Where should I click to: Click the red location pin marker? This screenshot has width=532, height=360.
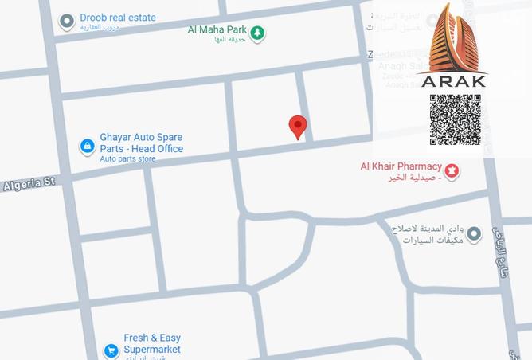(298, 126)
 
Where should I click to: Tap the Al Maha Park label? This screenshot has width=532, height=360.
(217, 30)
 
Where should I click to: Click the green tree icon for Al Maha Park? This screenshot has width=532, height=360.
(256, 33)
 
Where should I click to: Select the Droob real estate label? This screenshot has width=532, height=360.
(118, 18)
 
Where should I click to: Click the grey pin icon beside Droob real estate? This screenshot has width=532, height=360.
(67, 22)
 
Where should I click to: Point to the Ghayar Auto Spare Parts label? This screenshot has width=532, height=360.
(141, 143)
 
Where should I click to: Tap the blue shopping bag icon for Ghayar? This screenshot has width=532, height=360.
(87, 146)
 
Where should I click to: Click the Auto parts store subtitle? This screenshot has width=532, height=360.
(127, 159)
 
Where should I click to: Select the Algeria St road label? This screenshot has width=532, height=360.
(29, 184)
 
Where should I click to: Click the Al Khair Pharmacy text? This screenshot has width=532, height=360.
(401, 166)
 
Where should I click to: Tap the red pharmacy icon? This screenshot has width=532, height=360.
(452, 171)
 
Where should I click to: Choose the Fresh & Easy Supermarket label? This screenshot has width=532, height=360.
(151, 343)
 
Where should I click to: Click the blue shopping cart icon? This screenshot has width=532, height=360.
(111, 350)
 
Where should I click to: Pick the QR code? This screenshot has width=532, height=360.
(455, 120)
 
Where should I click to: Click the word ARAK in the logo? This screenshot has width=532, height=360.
(453, 80)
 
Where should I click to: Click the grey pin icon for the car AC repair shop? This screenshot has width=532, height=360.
(474, 233)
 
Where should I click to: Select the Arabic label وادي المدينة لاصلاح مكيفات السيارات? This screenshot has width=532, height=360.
(426, 234)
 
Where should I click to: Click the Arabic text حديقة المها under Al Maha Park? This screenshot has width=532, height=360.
(230, 40)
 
